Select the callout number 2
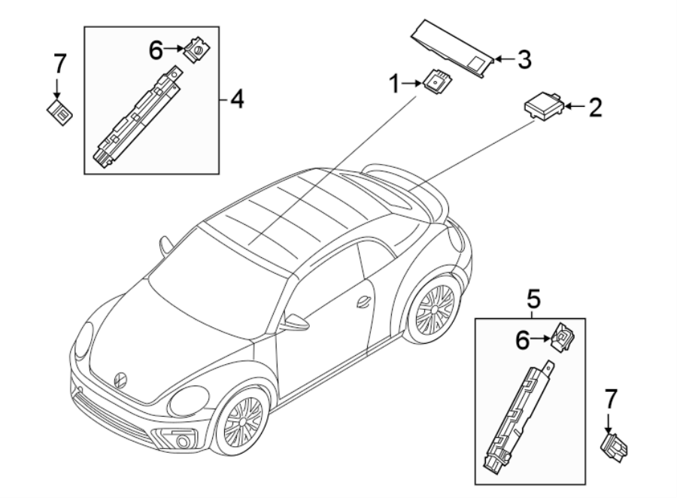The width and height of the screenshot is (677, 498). click(x=595, y=108)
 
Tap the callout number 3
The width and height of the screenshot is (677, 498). click(x=524, y=58)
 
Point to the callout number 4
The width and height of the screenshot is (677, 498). click(x=237, y=99)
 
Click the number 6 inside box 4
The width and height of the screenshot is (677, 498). click(x=155, y=50)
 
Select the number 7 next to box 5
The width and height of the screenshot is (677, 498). click(x=610, y=399)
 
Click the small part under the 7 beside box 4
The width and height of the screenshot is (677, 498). click(x=60, y=112)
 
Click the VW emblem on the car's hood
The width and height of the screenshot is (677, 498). click(x=120, y=378)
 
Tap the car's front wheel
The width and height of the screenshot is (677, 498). click(x=243, y=420)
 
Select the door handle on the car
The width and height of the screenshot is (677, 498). click(x=364, y=301)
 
